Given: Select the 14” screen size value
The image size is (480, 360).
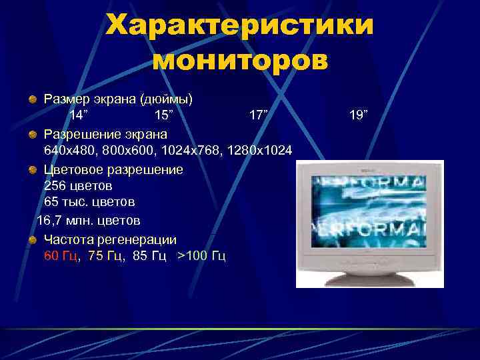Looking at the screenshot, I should click(82, 115).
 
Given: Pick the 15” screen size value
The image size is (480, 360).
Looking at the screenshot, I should click(163, 115).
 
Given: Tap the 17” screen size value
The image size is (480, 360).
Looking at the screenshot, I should click(258, 115).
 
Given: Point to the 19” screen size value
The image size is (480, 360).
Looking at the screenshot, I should click(358, 115).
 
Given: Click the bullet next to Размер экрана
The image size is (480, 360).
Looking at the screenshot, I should click(32, 99).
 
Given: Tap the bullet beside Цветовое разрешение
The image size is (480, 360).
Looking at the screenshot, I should click(32, 169).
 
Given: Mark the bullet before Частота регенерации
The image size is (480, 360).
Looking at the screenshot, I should click(32, 239).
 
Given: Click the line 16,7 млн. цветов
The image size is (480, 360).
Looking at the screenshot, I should click(88, 220).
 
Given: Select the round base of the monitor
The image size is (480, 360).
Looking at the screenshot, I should click(369, 277).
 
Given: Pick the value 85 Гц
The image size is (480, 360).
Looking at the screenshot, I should click(149, 257).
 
